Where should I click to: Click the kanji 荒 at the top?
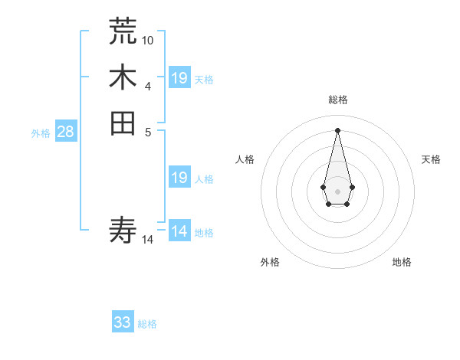point(123,31)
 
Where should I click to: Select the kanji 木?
point(123,77)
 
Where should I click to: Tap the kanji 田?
point(123,123)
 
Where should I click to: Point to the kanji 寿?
point(123,229)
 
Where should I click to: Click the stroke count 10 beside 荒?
point(148,40)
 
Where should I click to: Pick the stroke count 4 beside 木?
point(148,85)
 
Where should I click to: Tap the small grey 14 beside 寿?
point(148,240)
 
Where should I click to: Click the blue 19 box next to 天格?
point(179,78)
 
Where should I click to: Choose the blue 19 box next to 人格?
point(179,178)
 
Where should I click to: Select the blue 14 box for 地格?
point(179,231)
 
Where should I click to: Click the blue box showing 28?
point(66,132)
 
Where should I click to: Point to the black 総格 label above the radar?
point(338,100)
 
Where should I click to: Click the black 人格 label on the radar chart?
point(245,159)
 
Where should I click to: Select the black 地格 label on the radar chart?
point(402,262)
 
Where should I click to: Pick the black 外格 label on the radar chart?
point(270,262)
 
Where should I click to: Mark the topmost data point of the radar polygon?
point(337,129)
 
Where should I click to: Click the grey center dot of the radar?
point(337,190)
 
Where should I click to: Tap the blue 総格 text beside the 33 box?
point(147,324)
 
